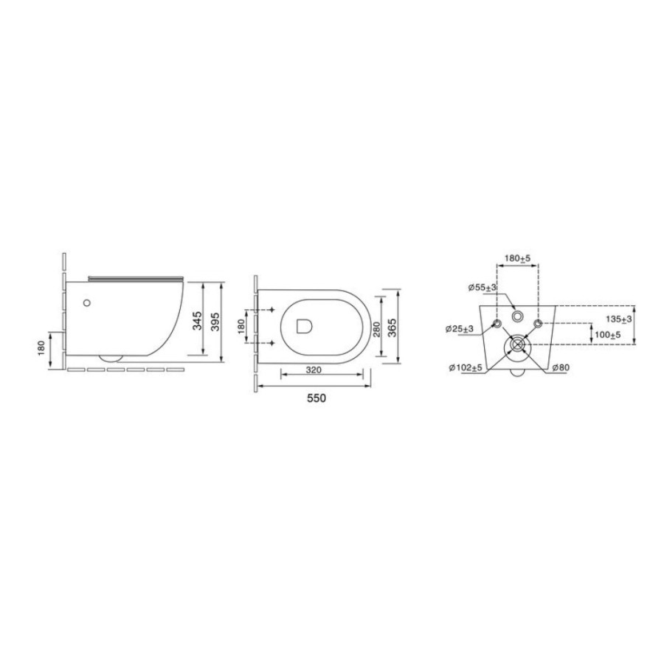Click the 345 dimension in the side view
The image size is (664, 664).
197,321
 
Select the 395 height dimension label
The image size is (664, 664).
215,322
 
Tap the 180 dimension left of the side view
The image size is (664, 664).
41,348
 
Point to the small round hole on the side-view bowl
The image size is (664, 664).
87,302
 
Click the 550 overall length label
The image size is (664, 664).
317,398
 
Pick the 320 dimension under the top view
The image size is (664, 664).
314,370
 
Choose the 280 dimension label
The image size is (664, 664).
376,329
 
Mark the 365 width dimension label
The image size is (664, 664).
392,327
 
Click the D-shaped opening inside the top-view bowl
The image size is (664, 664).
304,325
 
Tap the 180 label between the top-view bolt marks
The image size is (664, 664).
241,326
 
